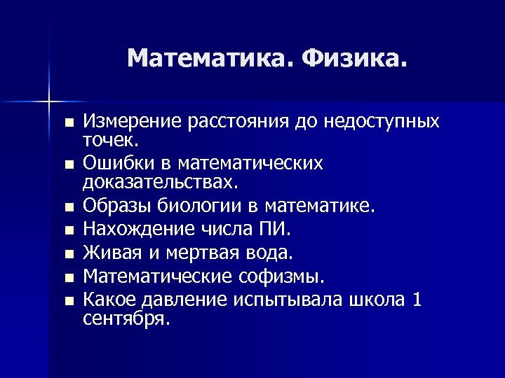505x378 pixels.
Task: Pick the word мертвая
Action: point(201,251)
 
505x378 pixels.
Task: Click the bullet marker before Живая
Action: point(68,253)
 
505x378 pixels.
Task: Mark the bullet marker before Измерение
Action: point(68,122)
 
